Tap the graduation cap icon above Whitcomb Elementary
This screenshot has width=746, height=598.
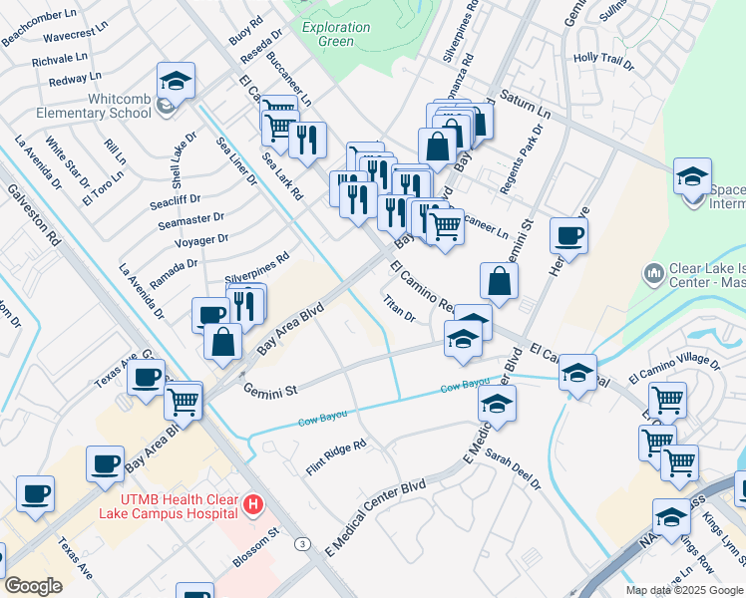[x=177, y=80]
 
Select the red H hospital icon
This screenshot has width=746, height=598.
[x=254, y=505]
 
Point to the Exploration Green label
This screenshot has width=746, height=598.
[x=335, y=34]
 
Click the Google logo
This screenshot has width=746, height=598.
[x=33, y=586]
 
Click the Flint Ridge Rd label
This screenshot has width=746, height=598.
[x=336, y=455]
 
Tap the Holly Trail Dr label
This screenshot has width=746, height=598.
[x=603, y=62]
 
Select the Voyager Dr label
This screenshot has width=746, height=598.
[x=200, y=241]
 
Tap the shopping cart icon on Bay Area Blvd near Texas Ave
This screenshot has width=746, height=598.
[x=182, y=401]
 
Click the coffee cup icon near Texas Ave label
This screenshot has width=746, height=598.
[x=146, y=377]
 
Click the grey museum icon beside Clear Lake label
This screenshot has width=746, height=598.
[x=654, y=272]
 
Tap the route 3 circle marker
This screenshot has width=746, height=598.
[x=301, y=543]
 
